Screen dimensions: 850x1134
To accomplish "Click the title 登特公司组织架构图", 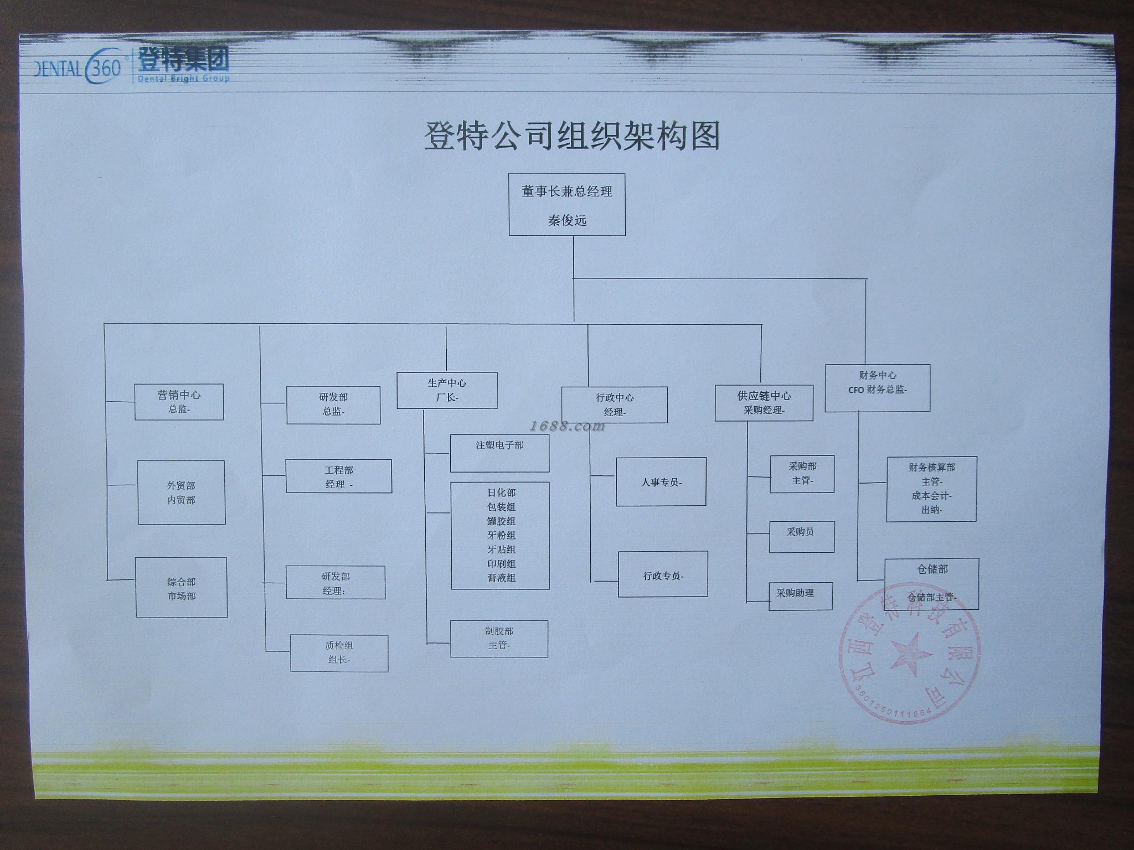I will point(571,137).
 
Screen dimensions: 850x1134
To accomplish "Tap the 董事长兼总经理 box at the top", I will point(567,205).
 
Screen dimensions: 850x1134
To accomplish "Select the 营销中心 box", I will point(179,402).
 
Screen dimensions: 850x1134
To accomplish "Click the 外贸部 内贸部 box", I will point(181,493).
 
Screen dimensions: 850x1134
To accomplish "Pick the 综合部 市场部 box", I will point(181,588).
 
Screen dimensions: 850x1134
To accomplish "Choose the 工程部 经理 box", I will point(338,476).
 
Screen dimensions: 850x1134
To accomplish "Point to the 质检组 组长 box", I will point(339,653).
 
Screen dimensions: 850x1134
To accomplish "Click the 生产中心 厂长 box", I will point(447,390).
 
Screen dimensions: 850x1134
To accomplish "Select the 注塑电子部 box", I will point(499,453).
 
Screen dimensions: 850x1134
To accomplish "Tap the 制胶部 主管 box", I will point(499,639).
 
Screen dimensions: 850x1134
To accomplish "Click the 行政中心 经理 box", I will point(614,405).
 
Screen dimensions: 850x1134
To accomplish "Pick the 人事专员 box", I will point(661,482).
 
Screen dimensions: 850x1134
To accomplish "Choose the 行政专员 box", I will point(663,574).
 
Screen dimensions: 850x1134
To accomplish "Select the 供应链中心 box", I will point(764,403).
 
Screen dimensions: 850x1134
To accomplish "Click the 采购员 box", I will point(801,536).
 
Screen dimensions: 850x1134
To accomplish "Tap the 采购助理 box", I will point(800,596).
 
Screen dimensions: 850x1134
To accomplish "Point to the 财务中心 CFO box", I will point(877,388).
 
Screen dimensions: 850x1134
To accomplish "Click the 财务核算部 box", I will point(931,489).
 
